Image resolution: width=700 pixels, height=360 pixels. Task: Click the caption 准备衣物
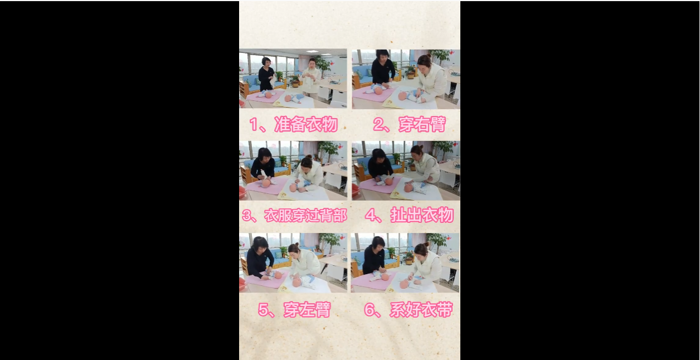(x=306, y=124)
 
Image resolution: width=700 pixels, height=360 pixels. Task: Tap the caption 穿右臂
(x=422, y=124)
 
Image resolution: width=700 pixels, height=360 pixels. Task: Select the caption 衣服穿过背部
(x=305, y=215)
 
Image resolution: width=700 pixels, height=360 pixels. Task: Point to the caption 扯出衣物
(x=422, y=215)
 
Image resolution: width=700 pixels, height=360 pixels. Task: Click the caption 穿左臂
(x=307, y=310)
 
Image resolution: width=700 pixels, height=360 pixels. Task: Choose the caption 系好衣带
(x=421, y=310)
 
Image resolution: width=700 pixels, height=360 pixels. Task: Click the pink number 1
(x=254, y=125)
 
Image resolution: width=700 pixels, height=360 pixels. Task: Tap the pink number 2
(x=378, y=124)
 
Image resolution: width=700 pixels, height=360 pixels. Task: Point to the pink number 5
(x=263, y=310)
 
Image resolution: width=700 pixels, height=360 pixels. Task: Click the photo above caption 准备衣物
(x=293, y=79)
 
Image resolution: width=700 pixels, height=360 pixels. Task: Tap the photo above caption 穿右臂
(x=406, y=79)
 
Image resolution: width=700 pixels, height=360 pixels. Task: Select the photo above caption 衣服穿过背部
(x=293, y=171)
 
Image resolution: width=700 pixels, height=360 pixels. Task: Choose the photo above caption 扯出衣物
(x=406, y=171)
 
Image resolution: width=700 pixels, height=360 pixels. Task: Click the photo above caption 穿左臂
(x=293, y=263)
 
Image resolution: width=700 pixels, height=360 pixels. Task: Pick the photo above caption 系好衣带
(x=405, y=263)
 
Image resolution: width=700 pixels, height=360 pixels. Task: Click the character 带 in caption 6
(x=445, y=310)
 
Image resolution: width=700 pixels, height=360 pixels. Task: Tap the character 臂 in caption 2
(x=438, y=124)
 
